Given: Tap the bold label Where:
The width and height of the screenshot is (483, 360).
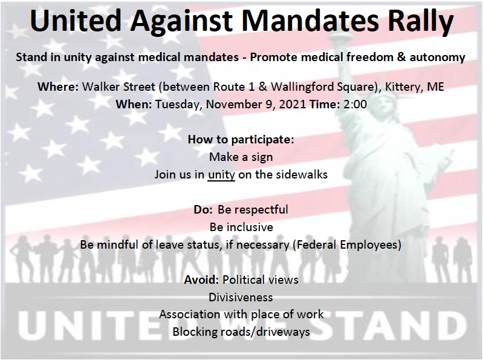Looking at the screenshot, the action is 58,87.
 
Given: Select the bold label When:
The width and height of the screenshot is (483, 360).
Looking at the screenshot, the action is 134,104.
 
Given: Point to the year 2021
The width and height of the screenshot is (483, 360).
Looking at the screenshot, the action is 293,104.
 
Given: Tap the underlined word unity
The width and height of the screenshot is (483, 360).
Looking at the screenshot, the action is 221,175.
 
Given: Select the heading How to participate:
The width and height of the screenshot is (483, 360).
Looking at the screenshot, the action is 241,140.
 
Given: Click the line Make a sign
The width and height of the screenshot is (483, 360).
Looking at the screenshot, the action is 241,157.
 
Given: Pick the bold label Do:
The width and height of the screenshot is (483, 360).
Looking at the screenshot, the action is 203,209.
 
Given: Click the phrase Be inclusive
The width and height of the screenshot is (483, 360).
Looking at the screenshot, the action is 242,227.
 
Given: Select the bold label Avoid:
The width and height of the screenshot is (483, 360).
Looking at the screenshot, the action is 201,280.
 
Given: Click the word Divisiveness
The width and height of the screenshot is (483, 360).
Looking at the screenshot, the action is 241,298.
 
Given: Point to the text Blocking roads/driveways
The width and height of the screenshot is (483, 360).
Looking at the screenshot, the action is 241,332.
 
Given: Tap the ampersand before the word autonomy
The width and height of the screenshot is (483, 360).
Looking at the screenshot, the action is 401,57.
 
